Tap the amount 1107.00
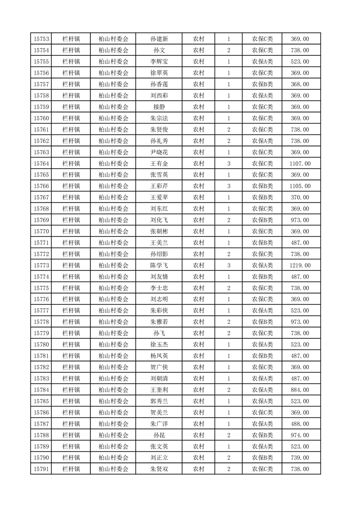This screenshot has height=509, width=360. pos(300,163)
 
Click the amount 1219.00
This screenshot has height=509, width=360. pos(300,265)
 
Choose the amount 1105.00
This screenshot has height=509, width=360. pos(300,186)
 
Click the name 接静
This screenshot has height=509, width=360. pos(159,107)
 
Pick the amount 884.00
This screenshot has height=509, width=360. pos(300,390)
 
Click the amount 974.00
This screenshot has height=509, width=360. pos(300,436)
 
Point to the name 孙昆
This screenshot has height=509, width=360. pos(159,436)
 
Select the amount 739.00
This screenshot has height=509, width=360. pos(300,458)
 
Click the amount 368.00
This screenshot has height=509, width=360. pos(300,84)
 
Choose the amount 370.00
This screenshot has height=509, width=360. pos(300,197)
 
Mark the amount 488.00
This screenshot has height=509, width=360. pos(300,424)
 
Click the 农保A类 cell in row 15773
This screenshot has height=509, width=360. pos(262,265)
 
